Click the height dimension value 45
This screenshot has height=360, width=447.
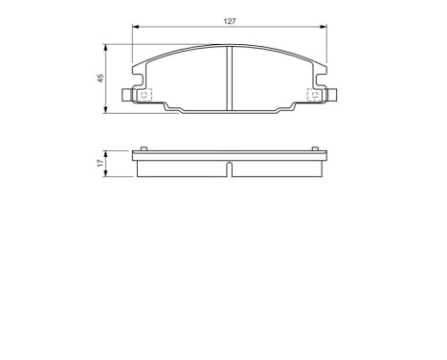pyautogui.click(x=101, y=79)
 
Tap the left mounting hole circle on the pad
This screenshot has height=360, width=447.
pyautogui.click(x=145, y=94)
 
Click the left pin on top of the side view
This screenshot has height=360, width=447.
pyautogui.click(x=142, y=147)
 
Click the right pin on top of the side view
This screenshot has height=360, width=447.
pyautogui.click(x=314, y=147)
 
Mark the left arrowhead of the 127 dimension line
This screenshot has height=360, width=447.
pyautogui.click(x=134, y=28)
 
